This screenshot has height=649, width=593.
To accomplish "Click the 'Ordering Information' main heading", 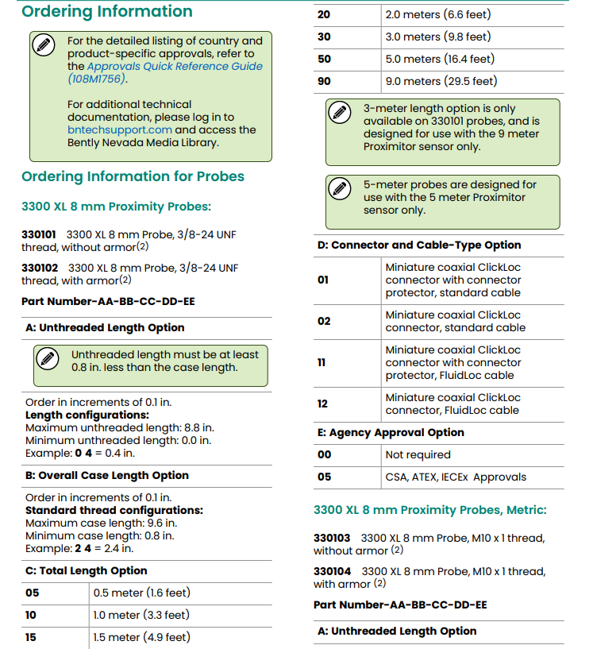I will coord(106,12).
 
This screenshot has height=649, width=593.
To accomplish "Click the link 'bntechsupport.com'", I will coord(120,129).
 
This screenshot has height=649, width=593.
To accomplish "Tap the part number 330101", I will coord(39,234).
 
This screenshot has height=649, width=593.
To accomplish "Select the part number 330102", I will coord(40,268).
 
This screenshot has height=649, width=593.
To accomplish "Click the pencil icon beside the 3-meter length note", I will coord(340,112).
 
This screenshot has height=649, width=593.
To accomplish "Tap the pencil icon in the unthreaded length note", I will coord(47,358).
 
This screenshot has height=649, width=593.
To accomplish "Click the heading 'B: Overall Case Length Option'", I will coord(107,475).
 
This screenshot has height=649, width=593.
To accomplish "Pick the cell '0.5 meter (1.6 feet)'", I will coord(142,593).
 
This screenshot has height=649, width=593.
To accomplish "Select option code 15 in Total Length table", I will coord(32,637).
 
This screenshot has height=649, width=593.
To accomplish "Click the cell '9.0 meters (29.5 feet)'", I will coord(441,81).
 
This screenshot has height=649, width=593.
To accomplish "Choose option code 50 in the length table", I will coord(324,59).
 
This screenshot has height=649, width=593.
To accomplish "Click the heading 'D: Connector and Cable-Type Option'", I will coord(419,245).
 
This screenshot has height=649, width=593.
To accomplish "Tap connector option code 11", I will coord(322,362).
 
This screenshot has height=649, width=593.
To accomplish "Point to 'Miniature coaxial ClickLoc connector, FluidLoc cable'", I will coord(452,404).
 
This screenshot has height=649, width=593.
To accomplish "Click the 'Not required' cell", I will coord(418,454).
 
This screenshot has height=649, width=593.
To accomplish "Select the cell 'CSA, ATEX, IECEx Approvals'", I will coord(456,477).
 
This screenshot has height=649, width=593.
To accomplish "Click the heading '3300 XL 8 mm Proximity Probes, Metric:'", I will coord(429,510).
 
